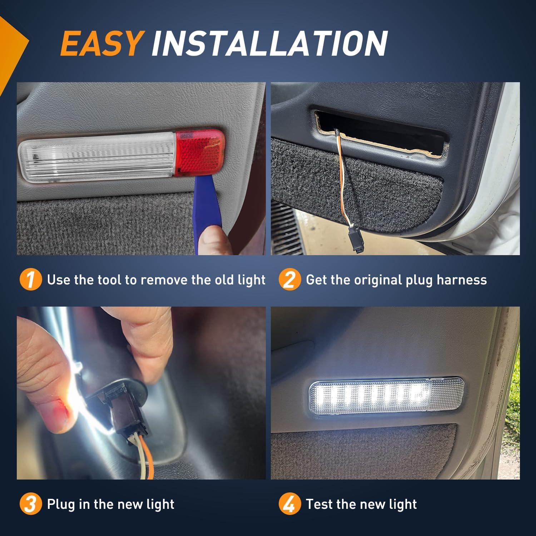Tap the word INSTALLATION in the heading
[x=269, y=43]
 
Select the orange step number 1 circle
[x=31, y=280]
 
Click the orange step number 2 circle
[x=290, y=280]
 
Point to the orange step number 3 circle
[x=31, y=504]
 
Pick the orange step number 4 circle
[x=290, y=504]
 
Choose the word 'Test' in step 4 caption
[x=319, y=504]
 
